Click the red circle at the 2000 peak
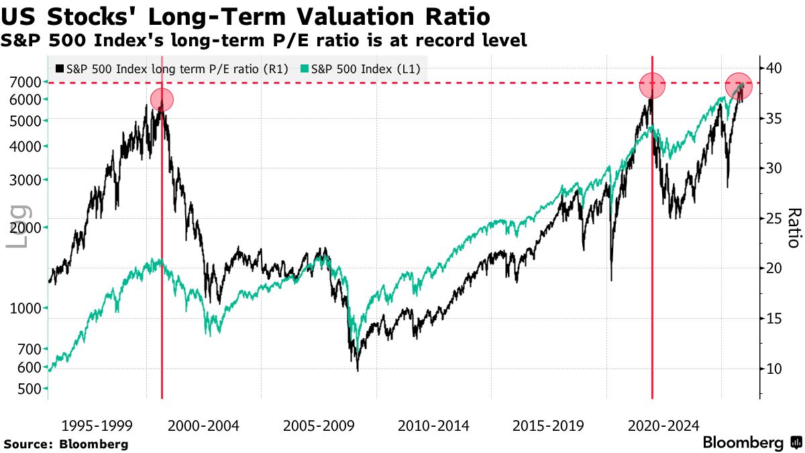tap(162, 100)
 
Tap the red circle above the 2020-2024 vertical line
tap(652, 86)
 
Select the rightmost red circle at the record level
tap(738, 85)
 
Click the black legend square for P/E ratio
tap(60, 68)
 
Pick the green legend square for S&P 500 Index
tap(305, 68)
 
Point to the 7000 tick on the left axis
tap(25, 82)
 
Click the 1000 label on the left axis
tap(25, 308)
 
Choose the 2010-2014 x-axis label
tap(433, 425)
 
